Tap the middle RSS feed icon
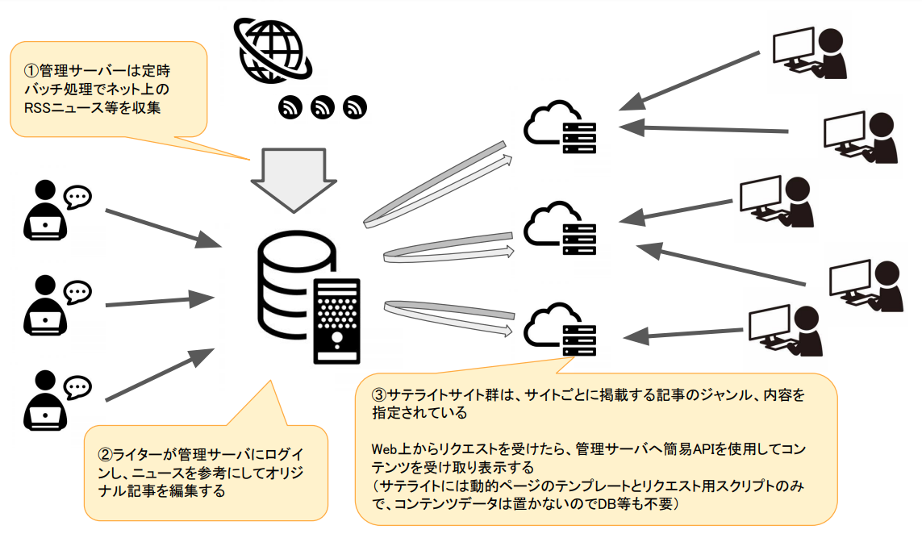pyautogui.click(x=323, y=107)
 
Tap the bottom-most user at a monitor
pyautogui.click(x=786, y=331)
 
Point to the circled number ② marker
pyautogui.click(x=104, y=457)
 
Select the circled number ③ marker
pyautogui.click(x=378, y=396)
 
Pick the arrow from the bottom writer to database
pyautogui.click(x=158, y=375)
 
